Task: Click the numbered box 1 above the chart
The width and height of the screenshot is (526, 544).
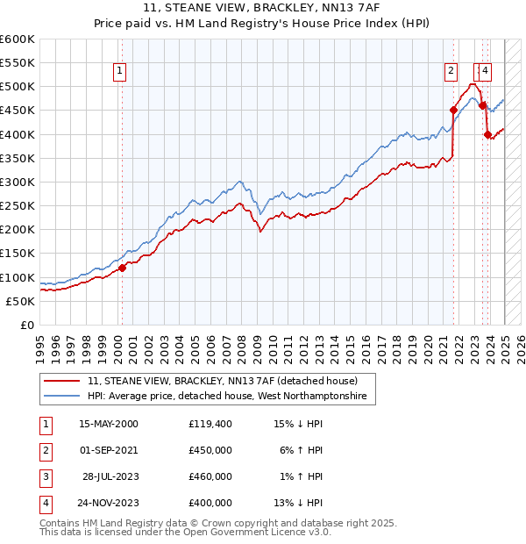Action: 118,72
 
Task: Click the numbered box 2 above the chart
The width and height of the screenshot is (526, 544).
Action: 451,72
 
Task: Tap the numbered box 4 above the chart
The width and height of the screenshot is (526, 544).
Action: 486,72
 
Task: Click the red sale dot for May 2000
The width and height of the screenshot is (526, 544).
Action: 123,268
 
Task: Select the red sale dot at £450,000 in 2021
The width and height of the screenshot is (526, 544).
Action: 453,111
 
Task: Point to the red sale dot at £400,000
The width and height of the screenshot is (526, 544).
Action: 487,134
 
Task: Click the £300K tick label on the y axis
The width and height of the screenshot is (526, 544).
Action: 18,182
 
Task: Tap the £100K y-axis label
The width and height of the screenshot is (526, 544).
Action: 18,277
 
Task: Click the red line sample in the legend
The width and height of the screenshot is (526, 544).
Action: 62,382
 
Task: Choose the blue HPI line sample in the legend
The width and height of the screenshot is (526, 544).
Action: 62,397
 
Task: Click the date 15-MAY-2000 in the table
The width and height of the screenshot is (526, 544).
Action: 109,424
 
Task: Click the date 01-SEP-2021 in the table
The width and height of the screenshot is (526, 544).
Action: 109,450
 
